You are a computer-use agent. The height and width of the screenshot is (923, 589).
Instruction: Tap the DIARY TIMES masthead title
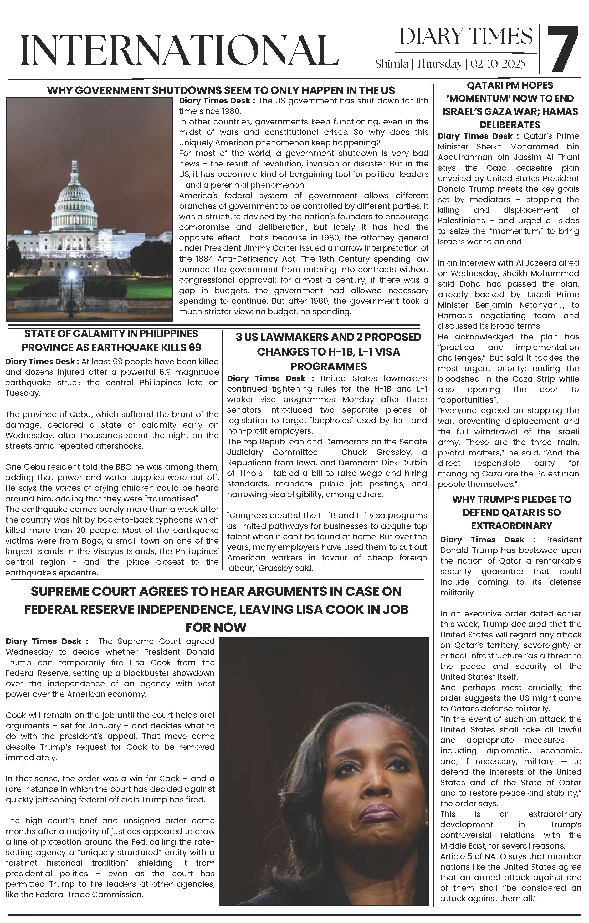tap(466, 37)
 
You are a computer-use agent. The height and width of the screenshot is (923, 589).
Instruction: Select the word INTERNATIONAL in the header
tap(179, 50)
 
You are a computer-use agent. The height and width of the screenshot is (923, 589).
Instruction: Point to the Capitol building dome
tap(75, 192)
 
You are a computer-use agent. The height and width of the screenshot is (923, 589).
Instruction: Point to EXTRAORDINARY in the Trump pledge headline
tap(511, 525)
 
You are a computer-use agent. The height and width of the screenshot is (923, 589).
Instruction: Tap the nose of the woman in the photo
tap(375, 786)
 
